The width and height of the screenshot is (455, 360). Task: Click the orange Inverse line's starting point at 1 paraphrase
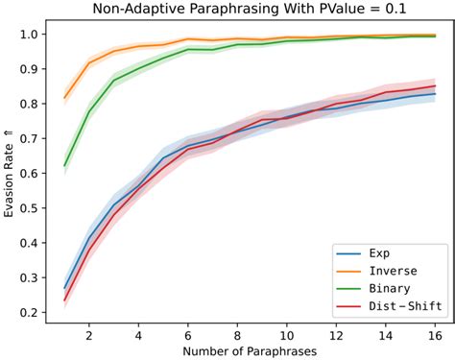tap(65, 98)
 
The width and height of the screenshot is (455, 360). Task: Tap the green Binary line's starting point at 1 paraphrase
tap(65, 166)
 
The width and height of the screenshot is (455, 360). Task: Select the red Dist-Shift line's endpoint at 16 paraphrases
tap(435, 86)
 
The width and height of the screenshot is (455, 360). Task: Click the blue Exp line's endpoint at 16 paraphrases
tap(435, 94)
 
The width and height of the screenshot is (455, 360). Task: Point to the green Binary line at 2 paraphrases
tap(89, 111)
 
